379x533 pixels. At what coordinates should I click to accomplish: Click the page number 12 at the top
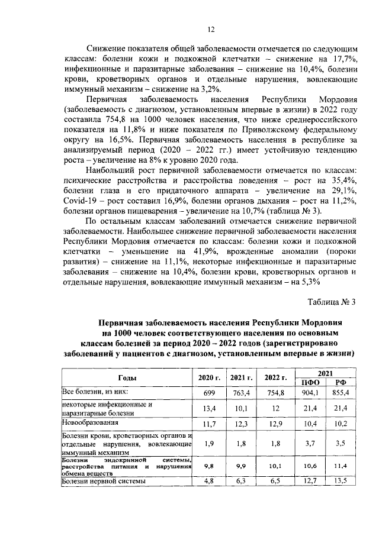point(210,30)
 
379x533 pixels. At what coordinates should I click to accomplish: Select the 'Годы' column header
point(128,377)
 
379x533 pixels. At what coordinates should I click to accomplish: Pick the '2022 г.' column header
point(276,377)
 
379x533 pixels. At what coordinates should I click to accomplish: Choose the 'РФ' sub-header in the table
point(340,383)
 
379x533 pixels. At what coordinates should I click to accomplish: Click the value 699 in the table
point(208,393)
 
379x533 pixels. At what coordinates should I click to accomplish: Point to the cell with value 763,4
point(242,393)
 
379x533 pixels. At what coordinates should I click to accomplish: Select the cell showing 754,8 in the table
point(276,393)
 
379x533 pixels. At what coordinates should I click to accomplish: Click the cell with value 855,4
point(340,393)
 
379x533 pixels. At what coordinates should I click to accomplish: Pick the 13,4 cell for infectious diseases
point(208,409)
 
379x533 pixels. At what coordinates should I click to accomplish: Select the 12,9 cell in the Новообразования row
point(276,425)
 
